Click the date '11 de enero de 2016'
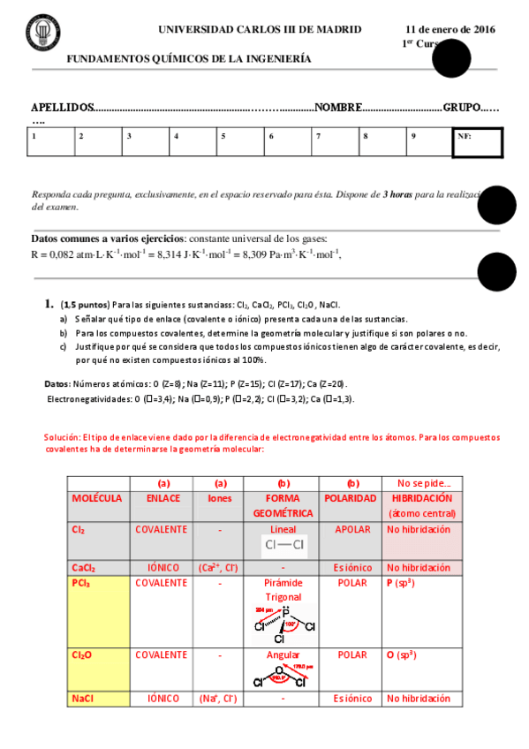(x=450, y=29)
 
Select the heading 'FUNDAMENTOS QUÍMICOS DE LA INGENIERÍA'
(x=189, y=59)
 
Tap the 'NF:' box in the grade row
(x=477, y=143)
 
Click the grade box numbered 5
(x=240, y=142)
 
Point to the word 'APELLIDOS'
(x=62, y=107)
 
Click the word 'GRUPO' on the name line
(x=463, y=107)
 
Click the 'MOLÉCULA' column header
(x=97, y=498)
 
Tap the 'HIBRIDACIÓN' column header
(x=419, y=498)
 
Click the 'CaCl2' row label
(x=84, y=567)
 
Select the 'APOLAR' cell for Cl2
(x=352, y=529)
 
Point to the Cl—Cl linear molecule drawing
(x=283, y=545)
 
